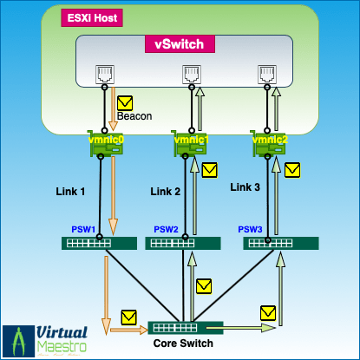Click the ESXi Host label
tap(91, 17)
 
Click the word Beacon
tap(134, 115)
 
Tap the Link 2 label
tap(166, 191)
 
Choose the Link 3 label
tap(246, 187)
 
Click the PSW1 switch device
tap(96, 244)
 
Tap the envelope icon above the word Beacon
tap(125, 101)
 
